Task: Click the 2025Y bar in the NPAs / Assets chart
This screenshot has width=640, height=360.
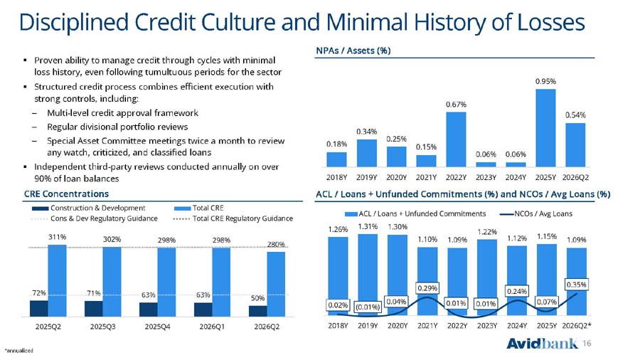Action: pos(545,128)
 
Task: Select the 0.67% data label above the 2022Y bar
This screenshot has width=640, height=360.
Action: pos(456,105)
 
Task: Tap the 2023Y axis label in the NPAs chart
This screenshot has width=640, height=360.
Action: pos(486,178)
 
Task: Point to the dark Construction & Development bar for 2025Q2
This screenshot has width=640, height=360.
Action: pos(39,309)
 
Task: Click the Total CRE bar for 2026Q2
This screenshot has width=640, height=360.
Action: pos(276,284)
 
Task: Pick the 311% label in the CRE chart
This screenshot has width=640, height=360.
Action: pos(57,237)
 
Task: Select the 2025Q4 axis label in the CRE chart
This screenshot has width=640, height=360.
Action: pos(157,327)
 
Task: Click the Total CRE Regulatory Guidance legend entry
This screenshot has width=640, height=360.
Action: pos(233,218)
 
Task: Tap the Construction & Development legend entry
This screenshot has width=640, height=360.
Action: pos(89,208)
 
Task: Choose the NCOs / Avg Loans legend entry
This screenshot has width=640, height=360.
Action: pos(536,213)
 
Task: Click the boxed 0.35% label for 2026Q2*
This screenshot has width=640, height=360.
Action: pos(576,285)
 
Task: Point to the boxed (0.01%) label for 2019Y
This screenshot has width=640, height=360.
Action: pos(368,307)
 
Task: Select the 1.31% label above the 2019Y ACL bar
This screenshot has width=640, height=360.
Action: pos(368,226)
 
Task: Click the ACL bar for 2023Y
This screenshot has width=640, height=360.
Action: pos(487,277)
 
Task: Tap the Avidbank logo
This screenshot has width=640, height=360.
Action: pos(543,343)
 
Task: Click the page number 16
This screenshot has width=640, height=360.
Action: pos(587,343)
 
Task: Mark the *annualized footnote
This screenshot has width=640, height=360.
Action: pos(18,351)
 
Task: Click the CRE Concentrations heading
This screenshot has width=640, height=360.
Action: pos(66,194)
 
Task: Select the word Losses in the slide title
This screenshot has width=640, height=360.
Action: pos(550,22)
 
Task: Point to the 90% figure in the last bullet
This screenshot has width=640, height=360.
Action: pos(42,179)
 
